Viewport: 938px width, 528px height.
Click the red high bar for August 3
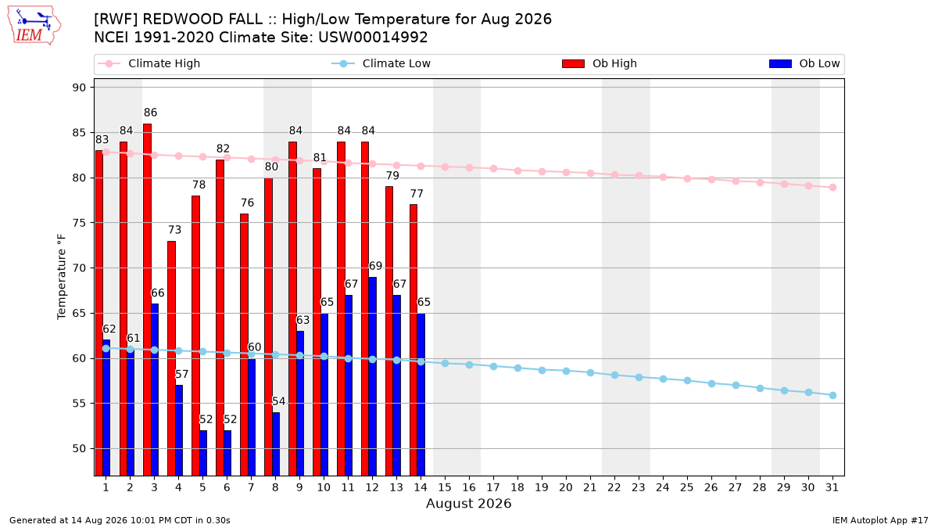tap(148, 300)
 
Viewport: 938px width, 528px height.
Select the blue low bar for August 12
tap(372, 376)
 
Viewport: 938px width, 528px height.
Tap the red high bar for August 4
tap(171, 358)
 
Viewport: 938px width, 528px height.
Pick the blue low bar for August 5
tap(203, 453)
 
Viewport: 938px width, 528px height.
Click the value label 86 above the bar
tap(150, 113)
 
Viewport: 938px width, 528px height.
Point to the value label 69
tap(375, 266)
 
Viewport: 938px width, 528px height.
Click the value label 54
tap(278, 401)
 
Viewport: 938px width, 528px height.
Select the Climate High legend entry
tap(149, 63)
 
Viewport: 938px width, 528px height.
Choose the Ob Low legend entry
tap(804, 63)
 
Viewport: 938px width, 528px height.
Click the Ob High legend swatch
tap(573, 63)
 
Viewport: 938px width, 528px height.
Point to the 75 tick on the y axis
tap(79, 223)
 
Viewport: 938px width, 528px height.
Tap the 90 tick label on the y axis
tap(79, 88)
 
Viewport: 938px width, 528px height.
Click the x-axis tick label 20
tap(566, 487)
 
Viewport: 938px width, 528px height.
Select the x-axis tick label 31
tap(832, 487)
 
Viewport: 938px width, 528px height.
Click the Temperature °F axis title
tap(62, 277)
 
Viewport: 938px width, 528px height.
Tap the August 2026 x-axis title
tap(468, 503)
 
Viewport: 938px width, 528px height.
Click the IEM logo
tap(34, 25)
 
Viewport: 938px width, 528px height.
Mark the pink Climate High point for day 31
tap(833, 187)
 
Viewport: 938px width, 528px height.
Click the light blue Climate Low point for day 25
tap(687, 380)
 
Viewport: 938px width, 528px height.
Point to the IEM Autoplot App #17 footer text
tap(880, 520)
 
